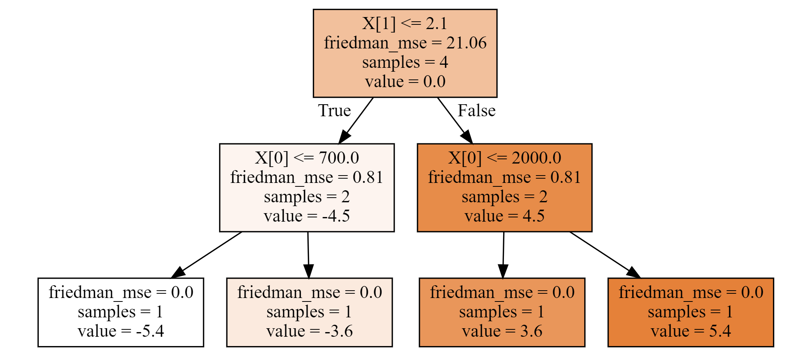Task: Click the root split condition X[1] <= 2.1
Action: coord(405,23)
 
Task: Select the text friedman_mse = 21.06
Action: coord(405,43)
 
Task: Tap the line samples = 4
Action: coord(405,62)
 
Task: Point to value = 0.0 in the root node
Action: coord(405,81)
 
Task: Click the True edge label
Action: coord(335,110)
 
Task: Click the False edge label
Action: coord(476,110)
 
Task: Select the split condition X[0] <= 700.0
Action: coord(307,158)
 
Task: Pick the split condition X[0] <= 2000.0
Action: coord(504,158)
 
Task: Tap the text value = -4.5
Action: coord(307,216)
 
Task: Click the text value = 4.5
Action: coord(504,216)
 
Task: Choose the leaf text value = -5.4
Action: coord(121,331)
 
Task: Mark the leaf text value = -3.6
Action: coord(309,331)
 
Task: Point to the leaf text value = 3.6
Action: coord(502,331)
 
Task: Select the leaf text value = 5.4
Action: coord(691,331)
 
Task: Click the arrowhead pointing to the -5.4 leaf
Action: coord(178,272)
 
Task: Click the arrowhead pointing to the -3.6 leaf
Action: coord(309,271)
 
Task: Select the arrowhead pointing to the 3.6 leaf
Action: coord(503,271)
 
